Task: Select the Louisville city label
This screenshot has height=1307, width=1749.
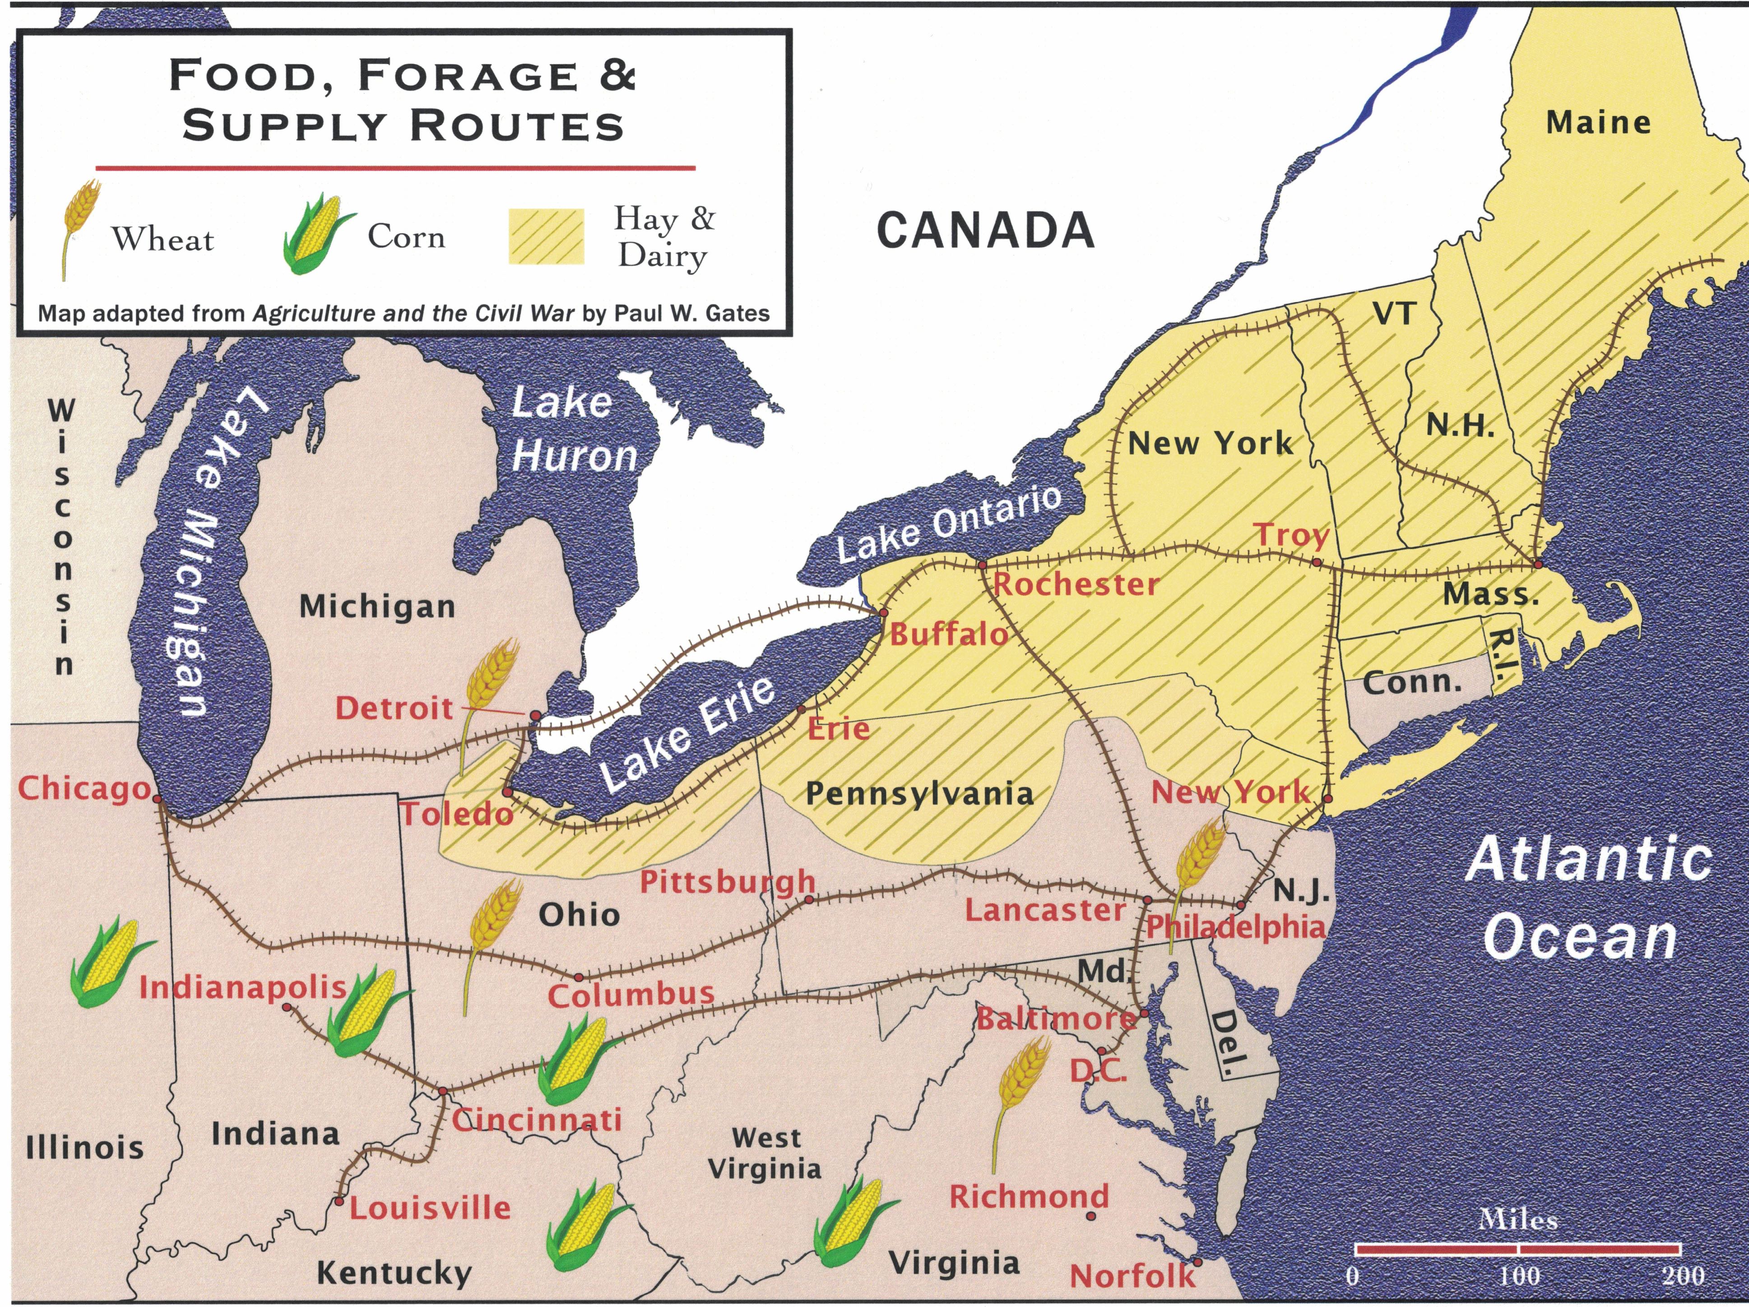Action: pos(430,1207)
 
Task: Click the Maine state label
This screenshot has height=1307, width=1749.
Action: pos(1598,122)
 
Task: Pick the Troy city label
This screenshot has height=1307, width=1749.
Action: pos(1292,535)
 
